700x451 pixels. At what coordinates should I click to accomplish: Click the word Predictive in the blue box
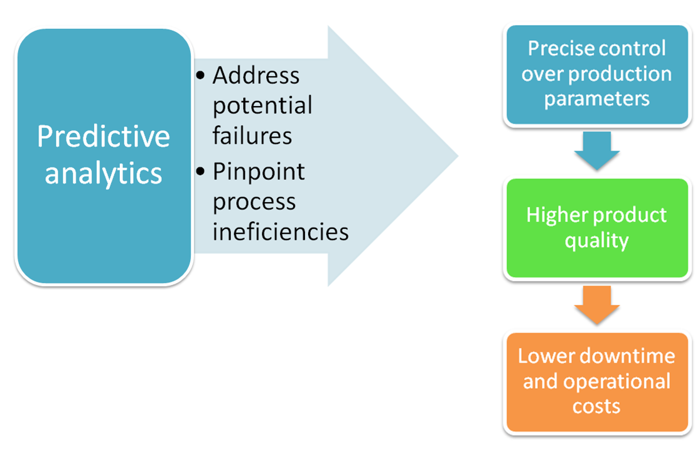pos(104,137)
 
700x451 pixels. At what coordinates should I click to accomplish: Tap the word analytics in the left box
pos(104,172)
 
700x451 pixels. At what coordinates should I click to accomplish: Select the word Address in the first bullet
pos(256,76)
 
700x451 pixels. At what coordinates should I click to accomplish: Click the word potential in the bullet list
pos(262,105)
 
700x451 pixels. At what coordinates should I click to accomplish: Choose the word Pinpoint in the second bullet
pos(258,171)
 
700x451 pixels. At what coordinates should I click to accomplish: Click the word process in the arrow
pos(254,202)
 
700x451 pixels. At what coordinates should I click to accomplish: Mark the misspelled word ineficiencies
pos(280,231)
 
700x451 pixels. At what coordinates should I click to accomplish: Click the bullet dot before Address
pos(200,76)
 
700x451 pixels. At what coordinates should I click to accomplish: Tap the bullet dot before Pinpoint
pos(200,171)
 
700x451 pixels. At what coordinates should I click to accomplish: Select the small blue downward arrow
pos(596,151)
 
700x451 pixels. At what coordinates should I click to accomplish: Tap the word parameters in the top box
pos(596,99)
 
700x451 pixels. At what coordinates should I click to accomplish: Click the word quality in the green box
pos(596,240)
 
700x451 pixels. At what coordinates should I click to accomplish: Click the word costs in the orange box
pos(596,406)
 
